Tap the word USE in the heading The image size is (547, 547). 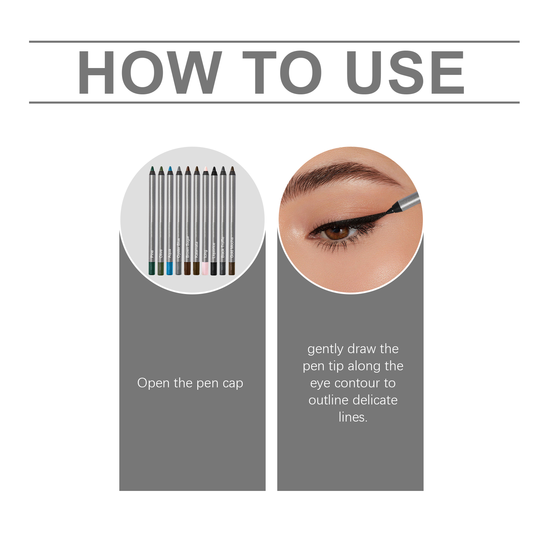[405, 72]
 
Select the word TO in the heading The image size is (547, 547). [282, 72]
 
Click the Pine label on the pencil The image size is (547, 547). [152, 254]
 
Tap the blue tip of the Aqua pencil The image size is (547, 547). [170, 169]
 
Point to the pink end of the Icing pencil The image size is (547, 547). [205, 268]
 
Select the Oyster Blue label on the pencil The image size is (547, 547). [178, 248]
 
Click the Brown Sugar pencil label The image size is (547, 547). [187, 246]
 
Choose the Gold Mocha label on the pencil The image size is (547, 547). [232, 248]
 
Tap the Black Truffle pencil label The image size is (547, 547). [223, 247]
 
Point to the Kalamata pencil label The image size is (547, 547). [196, 250]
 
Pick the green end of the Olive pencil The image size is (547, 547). [161, 268]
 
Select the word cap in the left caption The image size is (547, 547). [233, 384]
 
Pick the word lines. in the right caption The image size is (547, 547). [353, 417]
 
